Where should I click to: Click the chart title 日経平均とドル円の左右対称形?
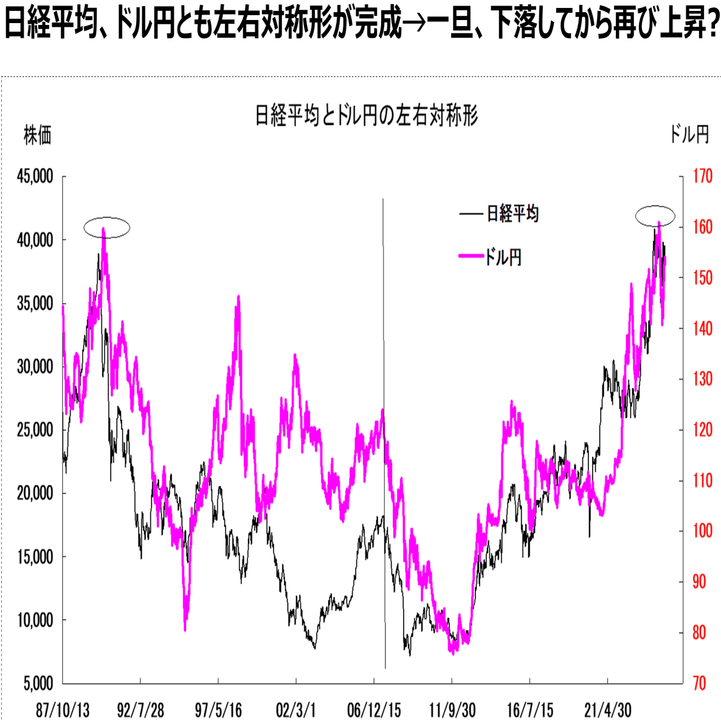[367, 115]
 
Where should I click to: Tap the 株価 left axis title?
[37, 135]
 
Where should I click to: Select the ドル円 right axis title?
[689, 134]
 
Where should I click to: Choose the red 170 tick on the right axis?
[702, 177]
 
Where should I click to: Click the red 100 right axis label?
[702, 531]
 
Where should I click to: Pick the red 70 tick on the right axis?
[700, 683]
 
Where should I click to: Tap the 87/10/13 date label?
[63, 709]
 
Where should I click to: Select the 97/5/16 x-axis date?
[218, 709]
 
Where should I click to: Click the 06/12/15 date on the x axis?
[374, 709]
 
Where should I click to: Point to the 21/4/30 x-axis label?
[607, 709]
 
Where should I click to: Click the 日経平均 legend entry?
[512, 214]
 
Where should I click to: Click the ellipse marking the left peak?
[107, 227]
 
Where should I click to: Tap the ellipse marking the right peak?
[655, 215]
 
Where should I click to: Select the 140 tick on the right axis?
[702, 329]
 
